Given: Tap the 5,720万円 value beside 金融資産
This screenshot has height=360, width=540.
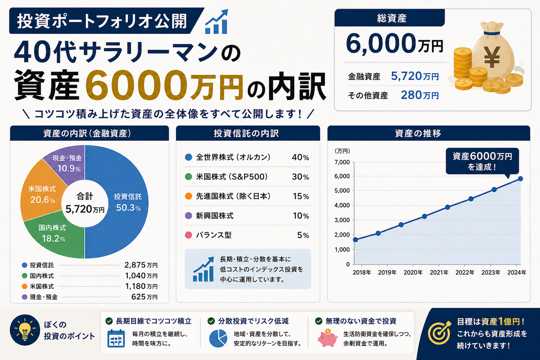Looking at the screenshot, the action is tap(414, 76).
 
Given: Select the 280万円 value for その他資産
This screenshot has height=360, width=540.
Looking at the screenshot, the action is tap(420, 95).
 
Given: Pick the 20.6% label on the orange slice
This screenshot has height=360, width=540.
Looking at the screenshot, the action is tap(43, 200).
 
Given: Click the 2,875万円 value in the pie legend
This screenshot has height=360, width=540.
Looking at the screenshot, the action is tap(141, 265).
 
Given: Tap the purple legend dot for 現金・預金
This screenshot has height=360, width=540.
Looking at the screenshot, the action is tap(24, 297).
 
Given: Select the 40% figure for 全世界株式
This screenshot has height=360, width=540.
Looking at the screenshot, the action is tap(301, 157).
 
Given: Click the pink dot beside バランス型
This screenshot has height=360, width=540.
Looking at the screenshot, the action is tap(188, 235).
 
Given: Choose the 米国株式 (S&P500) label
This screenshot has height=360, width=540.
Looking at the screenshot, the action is tap(232, 177).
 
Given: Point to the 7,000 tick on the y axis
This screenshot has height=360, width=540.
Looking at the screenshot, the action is tap(342, 162).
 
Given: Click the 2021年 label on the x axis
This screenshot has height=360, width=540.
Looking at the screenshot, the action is tap(439, 272).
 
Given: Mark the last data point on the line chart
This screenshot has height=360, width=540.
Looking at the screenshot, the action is tap(520, 179).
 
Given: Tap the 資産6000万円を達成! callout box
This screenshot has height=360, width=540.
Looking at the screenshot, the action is tap(482, 161).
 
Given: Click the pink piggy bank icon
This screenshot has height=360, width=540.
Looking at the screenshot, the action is tap(328, 338).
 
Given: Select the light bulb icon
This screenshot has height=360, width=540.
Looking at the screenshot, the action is tap(25, 330).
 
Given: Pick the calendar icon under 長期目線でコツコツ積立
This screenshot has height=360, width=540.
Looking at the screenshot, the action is tap(116, 338).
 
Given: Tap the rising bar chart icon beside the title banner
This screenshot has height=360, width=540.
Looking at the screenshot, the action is tap(216, 22).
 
